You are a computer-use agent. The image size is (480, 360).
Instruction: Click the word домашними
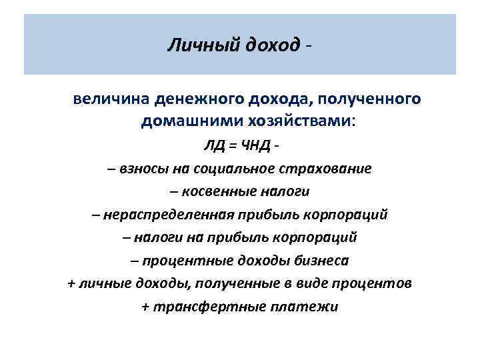click(x=183, y=122)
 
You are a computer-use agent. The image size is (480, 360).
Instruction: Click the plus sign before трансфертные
click(x=145, y=307)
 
